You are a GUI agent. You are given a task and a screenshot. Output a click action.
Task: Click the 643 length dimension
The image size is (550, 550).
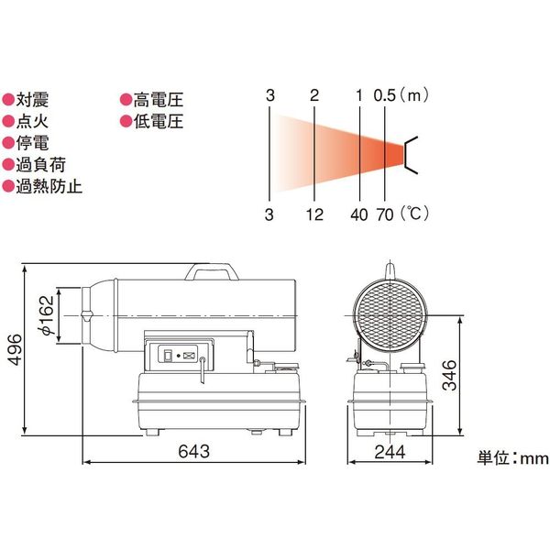(194, 451)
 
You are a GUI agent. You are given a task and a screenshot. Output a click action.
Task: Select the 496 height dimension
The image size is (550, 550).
(13, 349)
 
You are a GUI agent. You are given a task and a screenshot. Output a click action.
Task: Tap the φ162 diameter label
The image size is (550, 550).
(46, 316)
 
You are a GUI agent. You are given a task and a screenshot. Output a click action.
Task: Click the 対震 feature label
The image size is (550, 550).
(30, 100)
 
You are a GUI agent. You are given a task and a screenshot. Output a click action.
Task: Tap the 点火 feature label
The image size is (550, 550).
(30, 122)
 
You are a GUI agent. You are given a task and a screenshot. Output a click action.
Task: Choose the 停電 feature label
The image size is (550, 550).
(30, 144)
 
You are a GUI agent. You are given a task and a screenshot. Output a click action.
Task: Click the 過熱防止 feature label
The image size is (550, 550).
(44, 187)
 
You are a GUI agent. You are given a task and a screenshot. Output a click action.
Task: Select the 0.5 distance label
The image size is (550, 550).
(386, 95)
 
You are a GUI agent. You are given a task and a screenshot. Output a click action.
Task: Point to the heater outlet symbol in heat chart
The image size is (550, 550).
(412, 154)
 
